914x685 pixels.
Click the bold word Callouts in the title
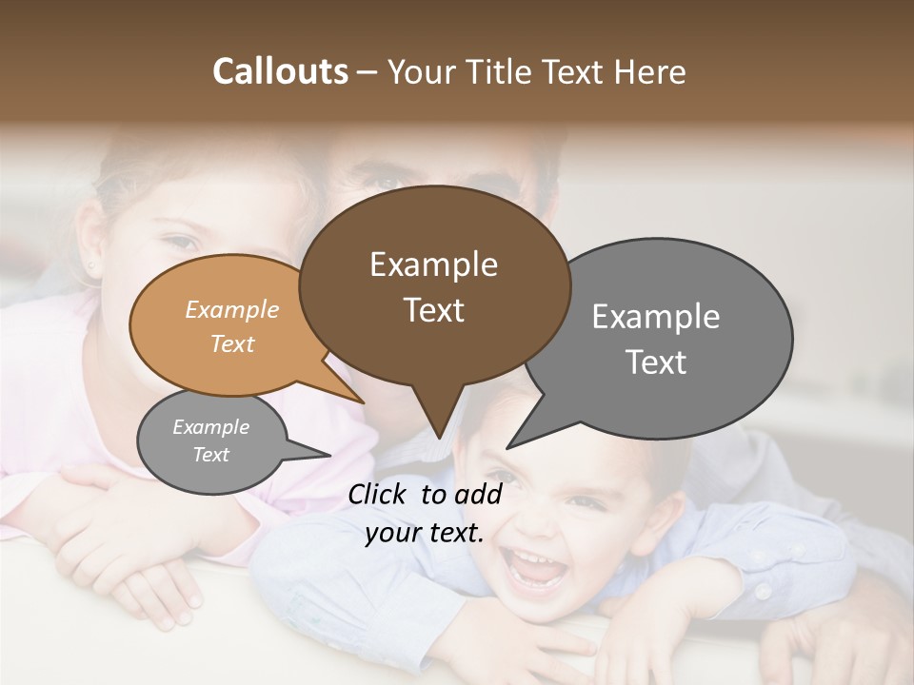(280, 72)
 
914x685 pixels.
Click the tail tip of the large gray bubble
(507, 447)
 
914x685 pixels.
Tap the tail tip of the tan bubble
(364, 402)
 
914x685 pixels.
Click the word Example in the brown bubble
(433, 264)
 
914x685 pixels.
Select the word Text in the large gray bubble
(656, 362)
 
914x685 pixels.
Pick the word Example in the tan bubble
(232, 309)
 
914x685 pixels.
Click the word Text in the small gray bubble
(211, 455)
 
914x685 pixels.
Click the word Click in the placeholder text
(378, 494)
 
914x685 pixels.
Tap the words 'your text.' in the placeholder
(425, 533)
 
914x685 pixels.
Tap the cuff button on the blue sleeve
(763, 591)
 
